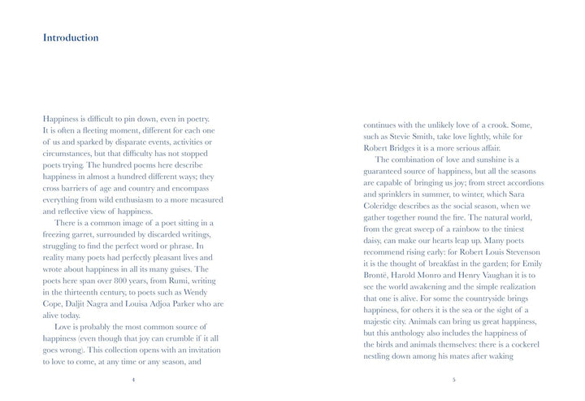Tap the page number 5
point(453,379)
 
